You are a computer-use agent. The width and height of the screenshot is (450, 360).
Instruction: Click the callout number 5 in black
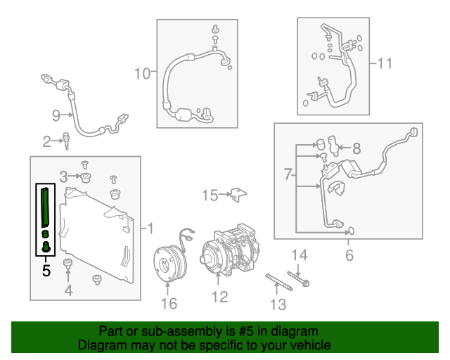point(46,271)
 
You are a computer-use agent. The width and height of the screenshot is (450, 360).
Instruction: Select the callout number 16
point(169,303)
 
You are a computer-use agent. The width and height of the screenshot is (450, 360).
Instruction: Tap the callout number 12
point(220,297)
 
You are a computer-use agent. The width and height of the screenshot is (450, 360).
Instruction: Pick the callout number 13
point(278,304)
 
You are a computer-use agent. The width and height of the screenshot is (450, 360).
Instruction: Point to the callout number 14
point(300,255)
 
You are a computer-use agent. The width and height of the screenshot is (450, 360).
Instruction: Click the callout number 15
point(210,195)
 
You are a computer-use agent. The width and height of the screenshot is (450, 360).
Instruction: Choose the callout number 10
point(142,74)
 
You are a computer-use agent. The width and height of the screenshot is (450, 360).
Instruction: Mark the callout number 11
point(385,63)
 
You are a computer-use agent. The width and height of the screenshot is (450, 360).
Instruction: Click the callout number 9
point(56,115)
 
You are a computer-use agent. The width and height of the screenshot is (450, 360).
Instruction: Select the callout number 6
point(349,255)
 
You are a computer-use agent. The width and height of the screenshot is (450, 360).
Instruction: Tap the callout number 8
point(356,148)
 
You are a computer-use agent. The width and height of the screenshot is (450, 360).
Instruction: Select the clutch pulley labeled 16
point(171,260)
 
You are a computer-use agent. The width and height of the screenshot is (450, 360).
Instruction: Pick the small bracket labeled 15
point(238,195)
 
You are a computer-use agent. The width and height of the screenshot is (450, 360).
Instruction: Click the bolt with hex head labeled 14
point(298,279)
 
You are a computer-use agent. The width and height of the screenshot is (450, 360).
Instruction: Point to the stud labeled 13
point(279,282)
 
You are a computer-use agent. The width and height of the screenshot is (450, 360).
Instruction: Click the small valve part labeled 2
point(66,141)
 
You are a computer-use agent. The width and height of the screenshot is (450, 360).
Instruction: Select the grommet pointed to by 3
point(86,178)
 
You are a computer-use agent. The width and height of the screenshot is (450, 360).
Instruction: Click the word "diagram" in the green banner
point(295,332)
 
